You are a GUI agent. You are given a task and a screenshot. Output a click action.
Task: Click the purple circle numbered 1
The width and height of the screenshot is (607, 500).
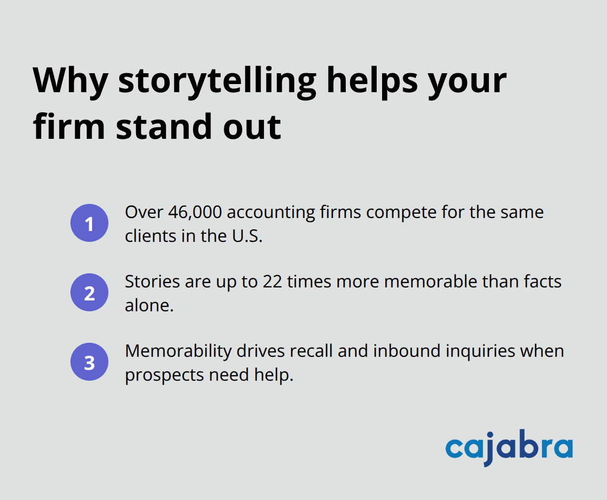tap(89, 223)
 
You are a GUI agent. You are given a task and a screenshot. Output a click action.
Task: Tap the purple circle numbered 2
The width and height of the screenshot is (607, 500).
tap(89, 293)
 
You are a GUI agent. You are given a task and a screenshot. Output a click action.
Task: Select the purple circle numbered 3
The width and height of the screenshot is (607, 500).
tap(89, 362)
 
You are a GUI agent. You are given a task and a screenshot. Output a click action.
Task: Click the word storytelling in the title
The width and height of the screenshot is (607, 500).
tap(217, 80)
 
